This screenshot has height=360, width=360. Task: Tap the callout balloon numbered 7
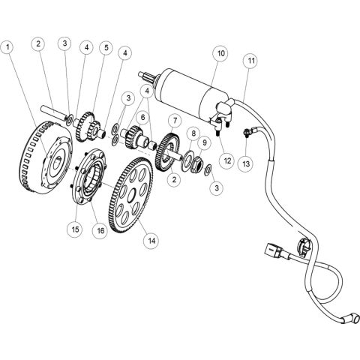click(173, 120)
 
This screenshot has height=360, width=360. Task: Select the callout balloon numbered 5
click(106, 49)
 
